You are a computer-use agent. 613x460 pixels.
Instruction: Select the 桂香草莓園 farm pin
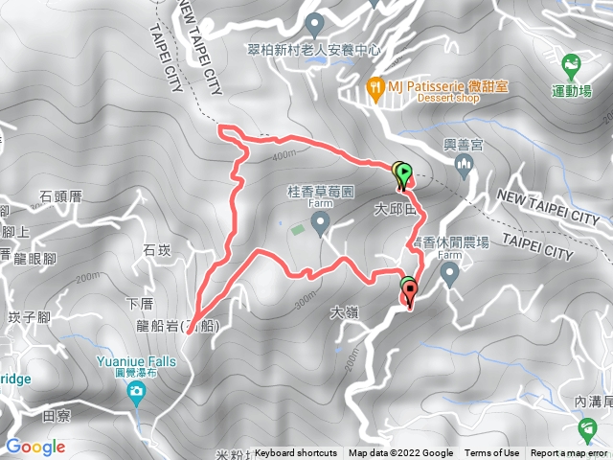pos(321,222)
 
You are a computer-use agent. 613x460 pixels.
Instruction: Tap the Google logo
pos(34,447)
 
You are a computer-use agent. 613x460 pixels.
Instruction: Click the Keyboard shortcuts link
pos(296,453)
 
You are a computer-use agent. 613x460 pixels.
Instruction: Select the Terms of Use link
pos(491,453)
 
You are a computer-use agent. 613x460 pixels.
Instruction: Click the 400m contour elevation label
pos(284,155)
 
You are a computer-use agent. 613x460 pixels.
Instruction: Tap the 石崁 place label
pos(155,250)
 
